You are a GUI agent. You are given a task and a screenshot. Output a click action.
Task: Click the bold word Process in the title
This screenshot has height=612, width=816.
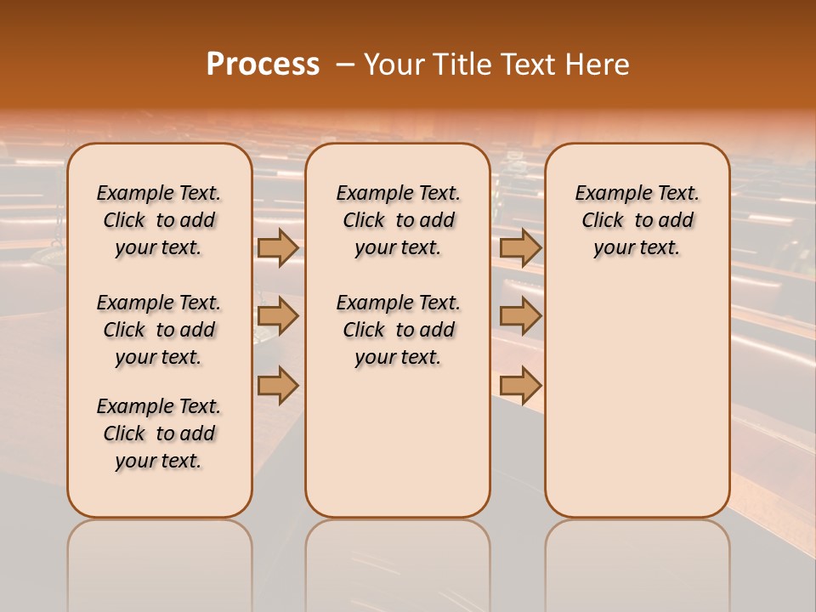pos(263,65)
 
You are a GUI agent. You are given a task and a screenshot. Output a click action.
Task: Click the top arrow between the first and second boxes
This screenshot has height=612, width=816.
pos(278,247)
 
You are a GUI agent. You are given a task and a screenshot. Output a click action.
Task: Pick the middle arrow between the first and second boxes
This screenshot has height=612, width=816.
pos(278,317)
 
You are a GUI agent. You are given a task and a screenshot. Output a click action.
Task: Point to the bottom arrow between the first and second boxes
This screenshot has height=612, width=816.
pos(278,385)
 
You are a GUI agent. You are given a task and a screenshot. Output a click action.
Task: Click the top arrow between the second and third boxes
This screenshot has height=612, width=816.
pos(520,247)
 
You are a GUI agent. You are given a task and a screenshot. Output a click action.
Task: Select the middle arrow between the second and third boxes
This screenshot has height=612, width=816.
pos(520,317)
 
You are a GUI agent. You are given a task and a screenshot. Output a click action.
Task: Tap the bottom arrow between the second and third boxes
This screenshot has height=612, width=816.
pos(520,385)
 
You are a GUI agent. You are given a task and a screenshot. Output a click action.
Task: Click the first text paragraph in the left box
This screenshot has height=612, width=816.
pos(159,220)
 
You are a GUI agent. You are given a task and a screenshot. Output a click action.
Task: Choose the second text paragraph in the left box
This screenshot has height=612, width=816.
pos(159,330)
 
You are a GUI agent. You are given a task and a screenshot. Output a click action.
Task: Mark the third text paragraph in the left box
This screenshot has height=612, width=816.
pos(159,433)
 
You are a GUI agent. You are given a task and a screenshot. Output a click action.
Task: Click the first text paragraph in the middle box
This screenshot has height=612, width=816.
pos(398,220)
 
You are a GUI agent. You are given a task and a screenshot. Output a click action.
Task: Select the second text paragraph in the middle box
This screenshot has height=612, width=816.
pos(398,330)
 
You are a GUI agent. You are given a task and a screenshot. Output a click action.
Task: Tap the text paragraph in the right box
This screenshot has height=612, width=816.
pos(637,220)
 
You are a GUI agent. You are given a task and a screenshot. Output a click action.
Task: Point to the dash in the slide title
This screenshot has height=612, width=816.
pos(345,65)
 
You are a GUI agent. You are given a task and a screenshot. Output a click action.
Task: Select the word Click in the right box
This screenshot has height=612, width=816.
pos(603,221)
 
